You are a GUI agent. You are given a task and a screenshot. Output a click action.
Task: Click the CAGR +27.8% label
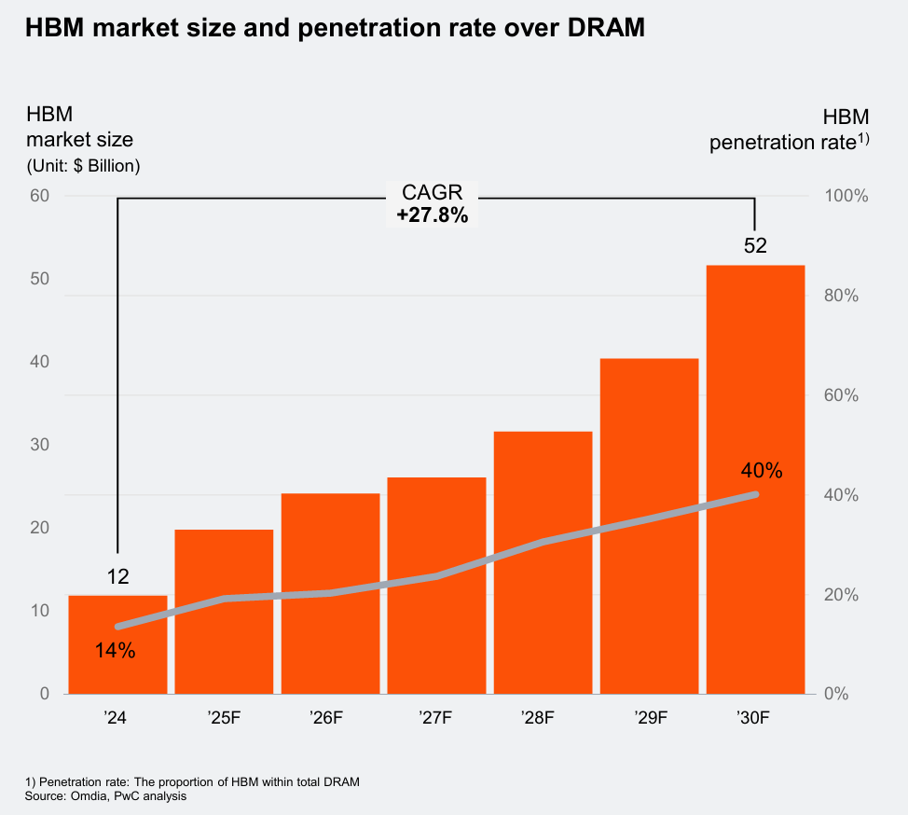coord(432,204)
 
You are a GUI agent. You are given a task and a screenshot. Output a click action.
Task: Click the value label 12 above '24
coord(117,577)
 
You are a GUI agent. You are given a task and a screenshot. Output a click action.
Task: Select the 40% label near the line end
coord(762,470)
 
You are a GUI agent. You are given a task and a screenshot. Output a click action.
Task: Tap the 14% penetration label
coord(116,651)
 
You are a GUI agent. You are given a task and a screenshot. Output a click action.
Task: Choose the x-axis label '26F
coord(330,718)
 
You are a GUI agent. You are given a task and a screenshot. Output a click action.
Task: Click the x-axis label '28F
coord(543,718)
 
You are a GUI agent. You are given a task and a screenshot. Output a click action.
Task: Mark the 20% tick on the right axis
coord(843,595)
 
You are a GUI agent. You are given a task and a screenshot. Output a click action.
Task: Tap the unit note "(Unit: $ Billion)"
coord(83,167)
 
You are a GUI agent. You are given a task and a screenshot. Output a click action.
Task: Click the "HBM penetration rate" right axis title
coord(789,130)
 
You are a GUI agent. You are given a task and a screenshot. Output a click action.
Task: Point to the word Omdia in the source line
coord(83,795)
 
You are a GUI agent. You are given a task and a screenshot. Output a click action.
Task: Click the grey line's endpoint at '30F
coord(754,494)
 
